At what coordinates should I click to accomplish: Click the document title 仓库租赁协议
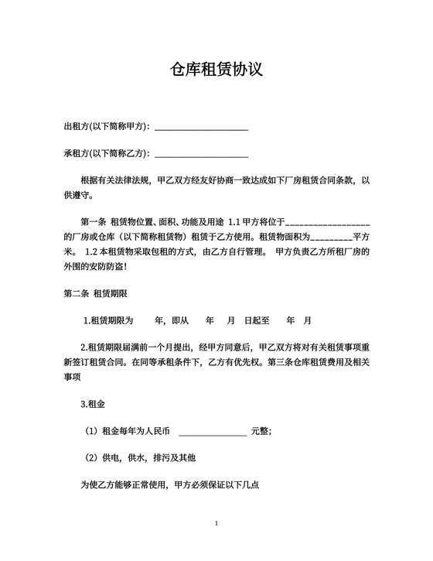coord(216,70)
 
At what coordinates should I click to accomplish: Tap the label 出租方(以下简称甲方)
coord(107,127)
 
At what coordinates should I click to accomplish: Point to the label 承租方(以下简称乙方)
coord(107,153)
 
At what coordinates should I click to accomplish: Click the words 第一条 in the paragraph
coord(94,223)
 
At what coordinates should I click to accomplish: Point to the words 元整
coord(261,431)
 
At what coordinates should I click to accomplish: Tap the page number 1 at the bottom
coord(216,524)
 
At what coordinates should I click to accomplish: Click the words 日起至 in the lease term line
coord(256,320)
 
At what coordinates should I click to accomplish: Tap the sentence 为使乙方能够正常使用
coord(125,485)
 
